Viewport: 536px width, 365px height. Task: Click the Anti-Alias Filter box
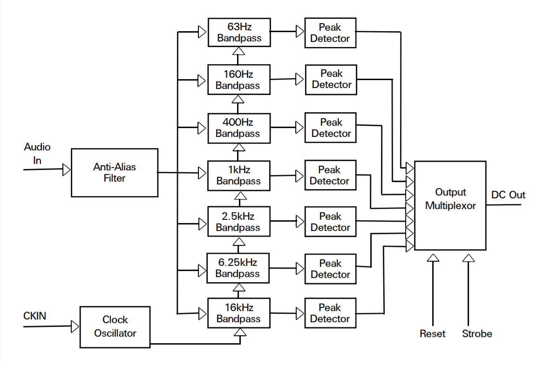click(114, 173)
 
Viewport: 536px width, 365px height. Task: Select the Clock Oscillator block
click(115, 327)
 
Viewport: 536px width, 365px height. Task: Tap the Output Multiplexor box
click(450, 205)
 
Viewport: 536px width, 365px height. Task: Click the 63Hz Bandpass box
click(239, 33)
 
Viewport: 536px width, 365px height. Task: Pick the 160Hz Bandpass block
click(238, 80)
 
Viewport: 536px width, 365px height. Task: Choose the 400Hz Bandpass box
click(238, 128)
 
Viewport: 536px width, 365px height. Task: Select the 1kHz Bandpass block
click(238, 175)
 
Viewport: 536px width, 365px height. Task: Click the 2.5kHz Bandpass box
click(238, 222)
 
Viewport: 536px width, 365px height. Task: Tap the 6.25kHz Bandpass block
click(238, 268)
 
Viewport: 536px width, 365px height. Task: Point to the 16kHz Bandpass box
click(238, 313)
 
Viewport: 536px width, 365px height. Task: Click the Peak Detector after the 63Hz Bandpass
click(330, 33)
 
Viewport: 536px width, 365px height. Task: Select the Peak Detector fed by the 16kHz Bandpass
click(330, 313)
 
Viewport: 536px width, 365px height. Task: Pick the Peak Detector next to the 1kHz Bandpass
click(330, 175)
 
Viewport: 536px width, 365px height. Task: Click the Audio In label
click(37, 153)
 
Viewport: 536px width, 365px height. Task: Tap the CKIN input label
click(35, 316)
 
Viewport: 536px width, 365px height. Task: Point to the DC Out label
click(508, 195)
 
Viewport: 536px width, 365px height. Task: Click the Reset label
click(432, 334)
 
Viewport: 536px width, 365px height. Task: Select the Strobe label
click(477, 334)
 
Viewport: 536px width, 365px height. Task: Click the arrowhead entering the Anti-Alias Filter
click(67, 169)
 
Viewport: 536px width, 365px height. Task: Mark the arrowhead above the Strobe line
click(468, 257)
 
